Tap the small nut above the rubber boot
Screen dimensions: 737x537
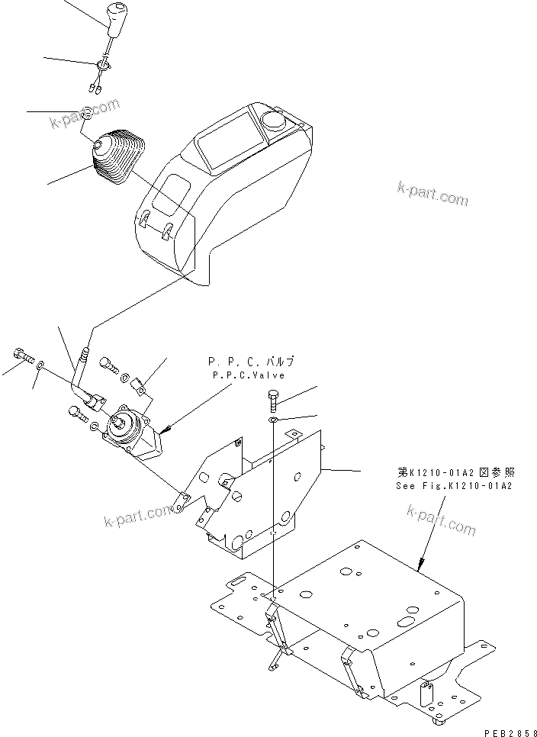coord(88,114)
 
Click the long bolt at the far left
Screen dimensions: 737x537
coord(22,356)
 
